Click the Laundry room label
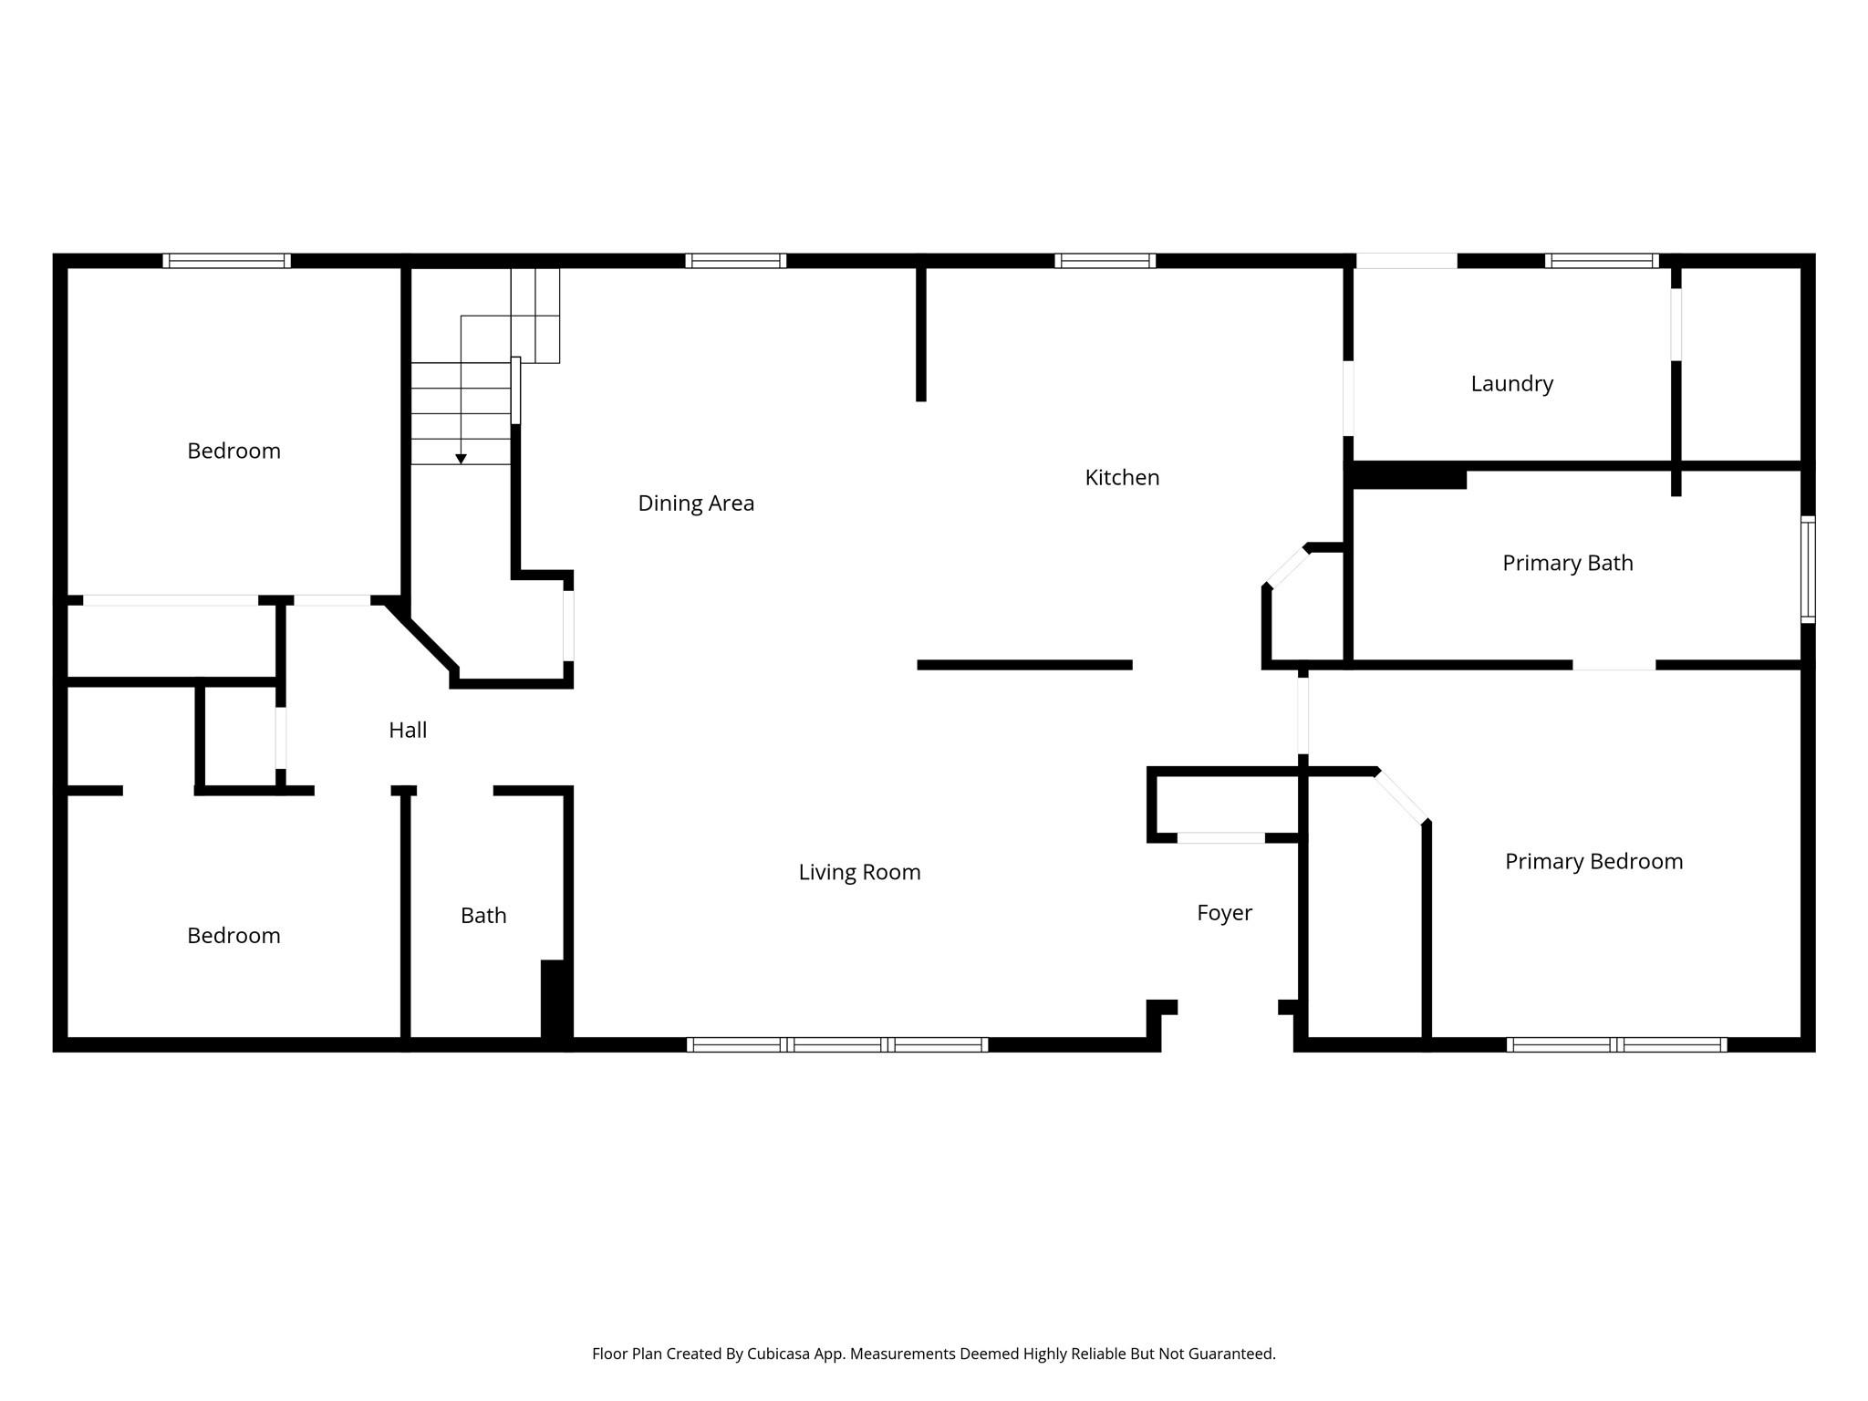point(1511,384)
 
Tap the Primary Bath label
point(1567,563)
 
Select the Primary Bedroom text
point(1593,861)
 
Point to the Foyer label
point(1224,913)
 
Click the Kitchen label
point(1122,477)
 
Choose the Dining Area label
point(696,503)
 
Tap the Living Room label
point(859,872)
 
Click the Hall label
point(408,730)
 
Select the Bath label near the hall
point(483,916)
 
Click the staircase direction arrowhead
point(462,459)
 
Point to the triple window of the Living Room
point(837,1044)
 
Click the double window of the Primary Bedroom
point(1616,1044)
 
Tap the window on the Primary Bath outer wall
point(1808,570)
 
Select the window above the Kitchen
point(1105,261)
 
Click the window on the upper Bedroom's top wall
point(227,261)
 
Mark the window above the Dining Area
point(736,261)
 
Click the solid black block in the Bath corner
point(555,999)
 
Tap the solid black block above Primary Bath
point(1409,476)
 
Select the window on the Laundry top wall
point(1601,261)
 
